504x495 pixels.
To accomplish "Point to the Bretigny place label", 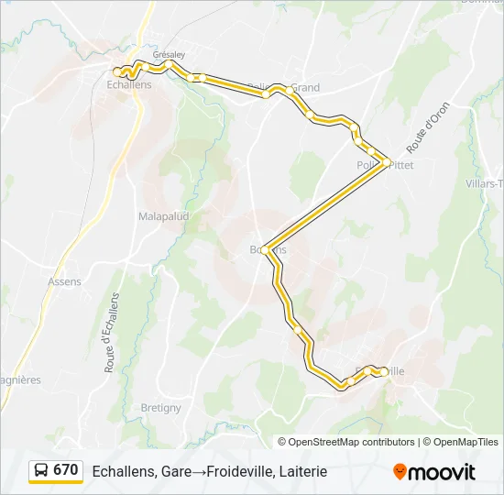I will (161, 408).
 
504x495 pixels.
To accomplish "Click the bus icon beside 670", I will (41, 471).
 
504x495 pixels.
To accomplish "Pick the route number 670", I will (65, 470).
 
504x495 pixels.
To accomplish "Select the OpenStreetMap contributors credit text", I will (352, 442).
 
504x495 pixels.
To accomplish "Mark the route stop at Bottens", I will (265, 249).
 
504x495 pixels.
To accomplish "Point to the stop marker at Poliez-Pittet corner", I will (388, 162).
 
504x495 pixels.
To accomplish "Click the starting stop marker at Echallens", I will (118, 71).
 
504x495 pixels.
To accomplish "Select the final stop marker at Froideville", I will (378, 371).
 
